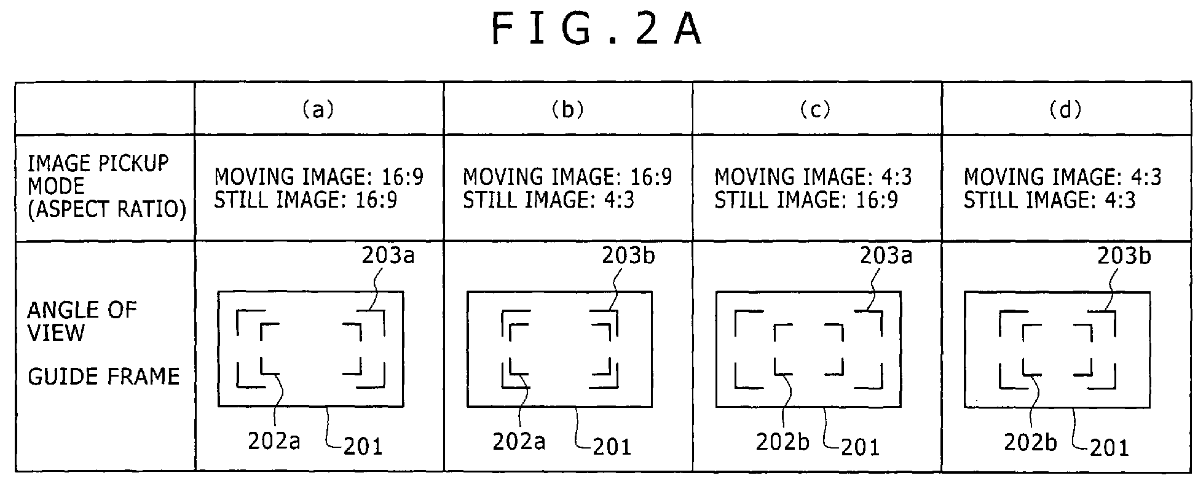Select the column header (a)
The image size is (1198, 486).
click(x=318, y=110)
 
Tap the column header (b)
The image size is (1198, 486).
click(x=567, y=110)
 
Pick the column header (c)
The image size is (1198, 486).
click(x=815, y=110)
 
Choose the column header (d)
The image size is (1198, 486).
click(x=1065, y=110)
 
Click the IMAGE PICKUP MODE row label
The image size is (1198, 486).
click(x=106, y=186)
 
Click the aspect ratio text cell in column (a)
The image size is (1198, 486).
click(x=318, y=188)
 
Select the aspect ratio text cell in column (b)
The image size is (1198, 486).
click(x=567, y=188)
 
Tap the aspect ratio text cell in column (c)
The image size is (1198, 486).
click(x=813, y=188)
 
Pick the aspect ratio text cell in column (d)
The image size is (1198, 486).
click(x=1062, y=188)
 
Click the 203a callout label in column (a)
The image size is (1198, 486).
click(x=388, y=255)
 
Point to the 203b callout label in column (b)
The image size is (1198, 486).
click(x=628, y=255)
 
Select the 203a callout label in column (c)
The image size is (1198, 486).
click(x=886, y=255)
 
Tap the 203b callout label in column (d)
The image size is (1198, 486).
click(x=1124, y=255)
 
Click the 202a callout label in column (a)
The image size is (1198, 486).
click(x=274, y=441)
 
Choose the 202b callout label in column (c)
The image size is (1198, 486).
click(x=782, y=442)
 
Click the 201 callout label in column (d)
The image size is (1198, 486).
click(x=1109, y=447)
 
